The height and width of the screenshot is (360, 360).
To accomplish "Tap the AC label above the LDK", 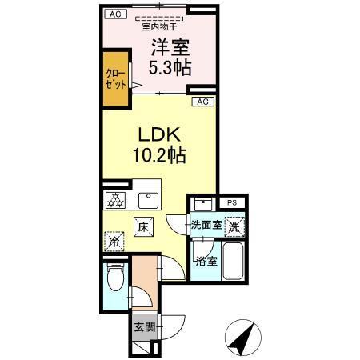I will tap(202, 102).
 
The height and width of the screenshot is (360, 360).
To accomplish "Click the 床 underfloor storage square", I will tap(143, 228).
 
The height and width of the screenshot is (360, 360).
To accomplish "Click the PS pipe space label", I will tap(231, 203).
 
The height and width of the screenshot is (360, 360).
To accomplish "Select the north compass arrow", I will tap(244, 337).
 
